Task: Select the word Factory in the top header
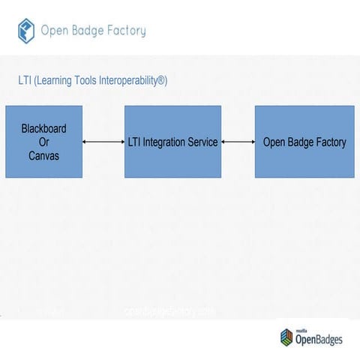127,31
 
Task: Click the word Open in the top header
54,31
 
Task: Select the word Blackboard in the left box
43,128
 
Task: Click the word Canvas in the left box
43,155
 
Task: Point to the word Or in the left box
43,142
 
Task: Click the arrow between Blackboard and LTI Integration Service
103,142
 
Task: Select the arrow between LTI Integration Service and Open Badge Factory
238,142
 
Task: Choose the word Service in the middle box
202,142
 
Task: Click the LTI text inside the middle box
136,142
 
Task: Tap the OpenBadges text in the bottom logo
318,340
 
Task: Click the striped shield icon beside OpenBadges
286,337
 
